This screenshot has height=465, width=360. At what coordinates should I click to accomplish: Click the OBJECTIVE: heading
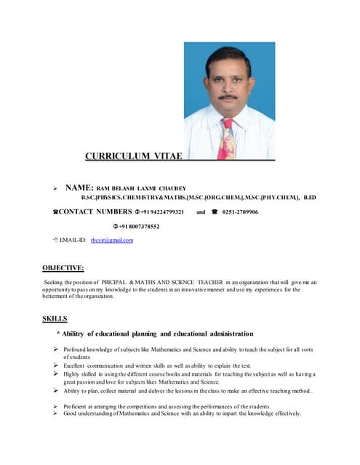63,267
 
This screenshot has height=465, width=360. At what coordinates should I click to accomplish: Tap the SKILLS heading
55,318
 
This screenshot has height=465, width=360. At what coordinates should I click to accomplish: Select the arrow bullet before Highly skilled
56,373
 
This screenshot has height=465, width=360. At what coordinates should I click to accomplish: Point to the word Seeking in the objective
54,282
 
